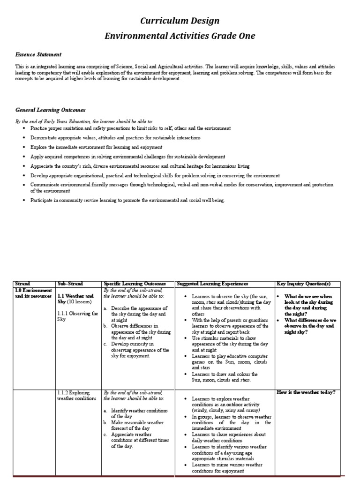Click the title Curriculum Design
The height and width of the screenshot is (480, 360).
click(x=180, y=21)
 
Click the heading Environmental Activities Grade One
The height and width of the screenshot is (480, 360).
click(x=180, y=37)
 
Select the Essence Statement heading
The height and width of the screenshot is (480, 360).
click(x=38, y=55)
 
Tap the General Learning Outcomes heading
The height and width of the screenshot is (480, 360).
click(x=51, y=110)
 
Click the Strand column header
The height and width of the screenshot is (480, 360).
click(x=22, y=284)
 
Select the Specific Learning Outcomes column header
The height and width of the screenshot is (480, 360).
click(x=135, y=284)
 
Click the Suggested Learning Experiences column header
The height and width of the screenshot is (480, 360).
click(x=213, y=284)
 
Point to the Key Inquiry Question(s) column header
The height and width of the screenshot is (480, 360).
click(x=304, y=284)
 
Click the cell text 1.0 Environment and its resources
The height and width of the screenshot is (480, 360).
click(x=33, y=293)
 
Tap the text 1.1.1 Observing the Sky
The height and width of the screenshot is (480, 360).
click(x=77, y=316)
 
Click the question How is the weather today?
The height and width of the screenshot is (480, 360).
click(x=306, y=392)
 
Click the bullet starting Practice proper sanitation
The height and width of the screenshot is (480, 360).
click(x=130, y=128)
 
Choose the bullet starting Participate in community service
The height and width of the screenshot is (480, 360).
click(x=127, y=201)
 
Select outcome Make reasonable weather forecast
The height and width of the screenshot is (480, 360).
click(x=137, y=425)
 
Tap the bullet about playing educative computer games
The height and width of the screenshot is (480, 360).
click(x=225, y=362)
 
